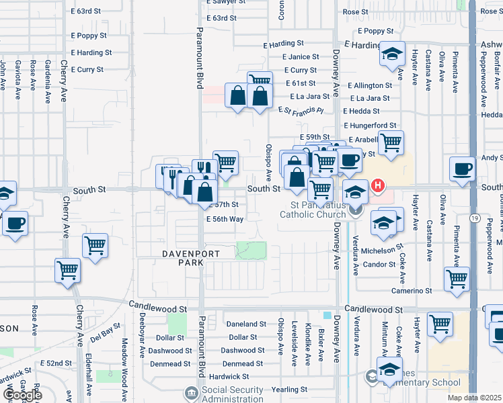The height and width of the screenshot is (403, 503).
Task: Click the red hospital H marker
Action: [378, 185]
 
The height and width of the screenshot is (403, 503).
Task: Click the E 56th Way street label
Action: [225, 219]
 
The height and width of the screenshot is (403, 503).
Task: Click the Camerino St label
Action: [412, 291]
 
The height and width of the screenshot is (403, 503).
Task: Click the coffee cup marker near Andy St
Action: [462, 169]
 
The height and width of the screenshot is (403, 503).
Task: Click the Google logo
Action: [22, 395]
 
